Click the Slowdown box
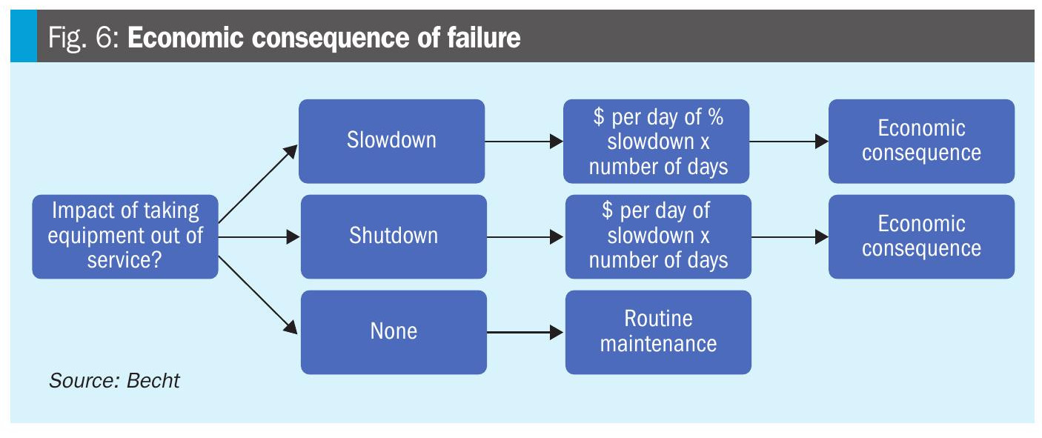(392, 141)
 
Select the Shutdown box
(394, 236)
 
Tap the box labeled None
(394, 333)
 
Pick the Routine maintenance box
(658, 333)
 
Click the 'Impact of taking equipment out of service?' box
(125, 236)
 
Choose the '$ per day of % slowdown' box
(657, 141)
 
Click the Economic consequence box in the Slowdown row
(921, 141)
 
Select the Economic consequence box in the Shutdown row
(921, 236)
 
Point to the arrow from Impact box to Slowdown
(258, 184)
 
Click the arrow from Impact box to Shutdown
(259, 237)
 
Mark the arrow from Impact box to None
(258, 295)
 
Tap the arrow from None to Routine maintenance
(525, 333)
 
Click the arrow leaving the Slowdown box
(524, 142)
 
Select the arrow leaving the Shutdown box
(525, 237)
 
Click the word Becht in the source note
(153, 380)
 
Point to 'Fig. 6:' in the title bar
(84, 37)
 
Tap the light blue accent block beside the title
(24, 36)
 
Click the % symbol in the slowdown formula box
(715, 116)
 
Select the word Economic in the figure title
(185, 37)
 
